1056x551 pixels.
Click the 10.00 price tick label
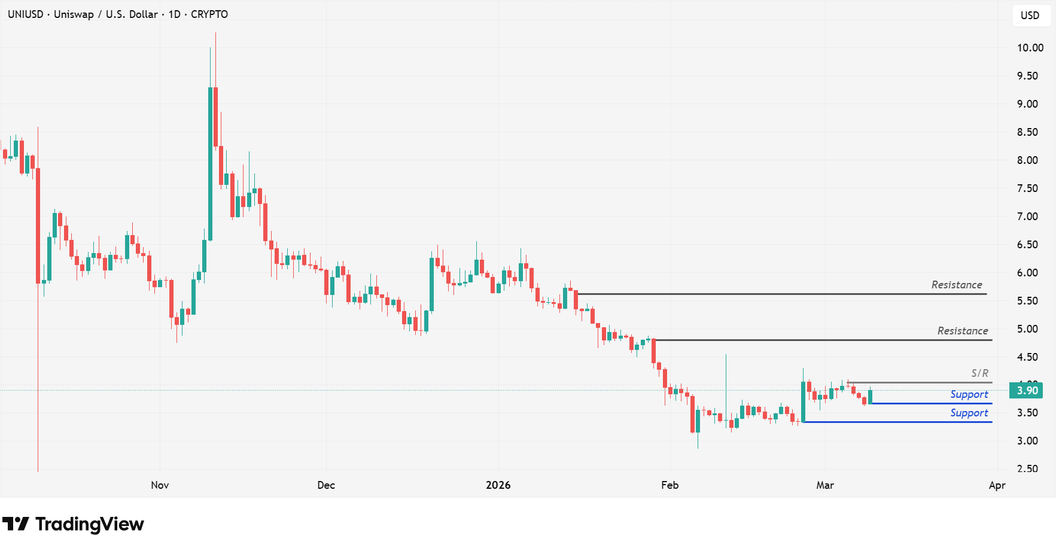point(1030,48)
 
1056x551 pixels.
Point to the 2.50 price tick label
point(1027,469)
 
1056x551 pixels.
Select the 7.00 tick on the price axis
point(1027,217)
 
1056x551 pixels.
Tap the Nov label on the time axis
point(160,485)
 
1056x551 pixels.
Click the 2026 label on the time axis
point(498,485)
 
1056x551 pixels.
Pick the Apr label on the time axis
point(997,485)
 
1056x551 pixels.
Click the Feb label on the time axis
point(669,485)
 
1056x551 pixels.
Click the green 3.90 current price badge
point(1027,391)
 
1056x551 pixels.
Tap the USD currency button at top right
point(1030,16)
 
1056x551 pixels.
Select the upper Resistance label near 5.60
point(956,285)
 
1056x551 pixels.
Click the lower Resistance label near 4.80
point(962,331)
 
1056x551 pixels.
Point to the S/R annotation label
point(979,373)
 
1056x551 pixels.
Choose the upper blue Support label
point(969,394)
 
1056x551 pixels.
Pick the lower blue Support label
point(969,413)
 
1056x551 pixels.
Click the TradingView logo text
point(89,524)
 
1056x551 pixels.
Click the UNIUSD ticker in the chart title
point(25,14)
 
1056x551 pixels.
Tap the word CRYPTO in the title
point(209,14)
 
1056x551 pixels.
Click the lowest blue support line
point(897,422)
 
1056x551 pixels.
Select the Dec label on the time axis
point(326,485)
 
